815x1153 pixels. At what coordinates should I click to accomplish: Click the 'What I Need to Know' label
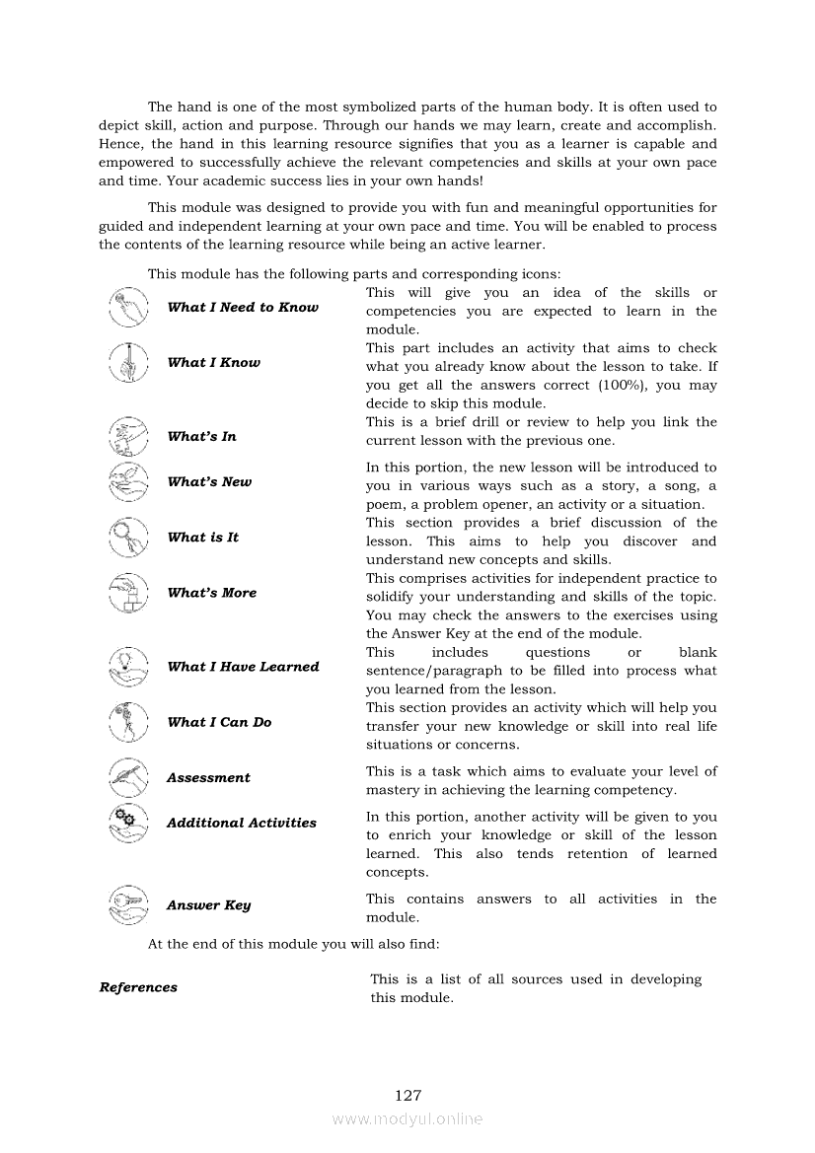coord(243,308)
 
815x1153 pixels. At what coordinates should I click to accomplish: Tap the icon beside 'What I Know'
coord(128,363)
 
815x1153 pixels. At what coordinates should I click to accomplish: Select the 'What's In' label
coord(202,437)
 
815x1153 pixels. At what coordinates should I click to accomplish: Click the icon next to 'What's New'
coord(128,482)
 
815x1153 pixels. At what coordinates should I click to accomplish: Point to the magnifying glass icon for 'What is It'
coord(128,538)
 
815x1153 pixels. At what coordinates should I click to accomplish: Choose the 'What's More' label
coord(212,593)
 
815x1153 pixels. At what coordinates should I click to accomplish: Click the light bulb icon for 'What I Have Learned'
coord(128,667)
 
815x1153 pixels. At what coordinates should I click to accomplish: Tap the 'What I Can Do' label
coord(219,722)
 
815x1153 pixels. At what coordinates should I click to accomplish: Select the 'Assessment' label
coord(208,778)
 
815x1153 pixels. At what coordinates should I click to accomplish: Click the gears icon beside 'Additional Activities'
coord(128,823)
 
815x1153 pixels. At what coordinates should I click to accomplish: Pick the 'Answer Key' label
coord(208,905)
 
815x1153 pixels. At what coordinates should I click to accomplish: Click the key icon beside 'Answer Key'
coord(128,904)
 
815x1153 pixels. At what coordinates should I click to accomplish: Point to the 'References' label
coord(138,987)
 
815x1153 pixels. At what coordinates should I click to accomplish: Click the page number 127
coord(407,1095)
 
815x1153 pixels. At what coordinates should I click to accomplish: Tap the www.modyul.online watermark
coord(407,1118)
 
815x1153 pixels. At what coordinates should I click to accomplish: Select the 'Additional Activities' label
coord(242,823)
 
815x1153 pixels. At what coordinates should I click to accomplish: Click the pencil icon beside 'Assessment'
coord(128,777)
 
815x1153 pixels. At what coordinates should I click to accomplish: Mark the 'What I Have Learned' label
coord(243,667)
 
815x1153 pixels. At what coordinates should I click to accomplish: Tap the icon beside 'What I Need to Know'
coord(128,307)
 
